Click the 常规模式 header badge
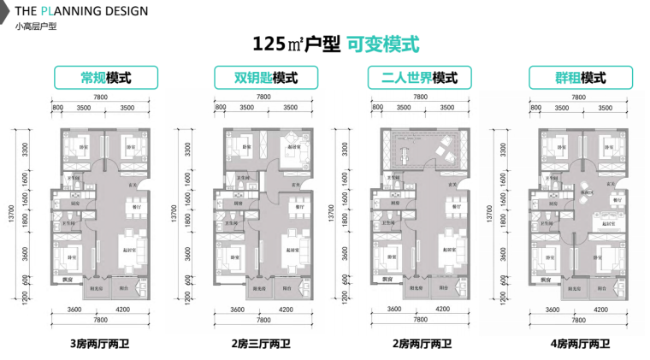tap(105, 78)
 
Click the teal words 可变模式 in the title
tap(382, 44)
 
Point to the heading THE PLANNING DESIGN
tap(81, 11)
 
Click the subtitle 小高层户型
tap(35, 27)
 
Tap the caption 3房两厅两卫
tap(100, 345)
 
